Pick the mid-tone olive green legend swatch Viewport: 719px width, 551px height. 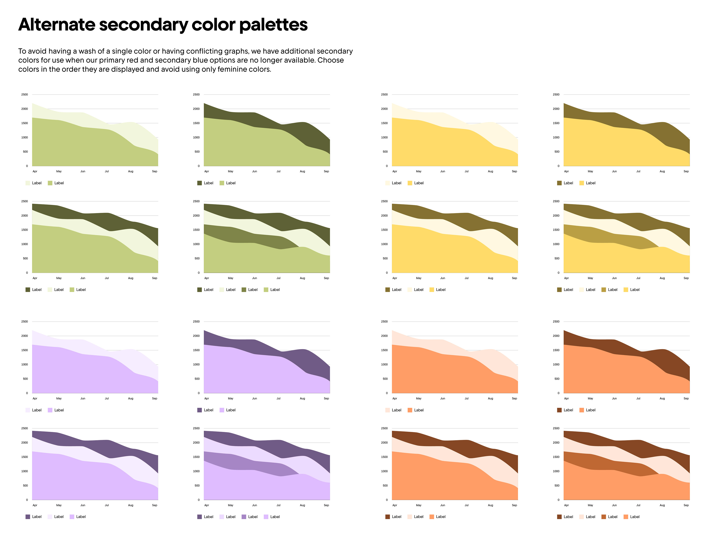(x=244, y=290)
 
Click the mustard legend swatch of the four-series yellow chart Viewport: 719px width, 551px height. (x=603, y=290)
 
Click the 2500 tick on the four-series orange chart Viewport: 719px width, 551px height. (x=556, y=428)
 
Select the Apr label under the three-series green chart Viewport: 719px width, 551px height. (x=35, y=278)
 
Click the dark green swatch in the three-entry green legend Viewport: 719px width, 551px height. (x=28, y=290)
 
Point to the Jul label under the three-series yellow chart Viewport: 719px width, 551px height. (x=466, y=278)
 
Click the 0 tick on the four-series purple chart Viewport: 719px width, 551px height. (x=198, y=500)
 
